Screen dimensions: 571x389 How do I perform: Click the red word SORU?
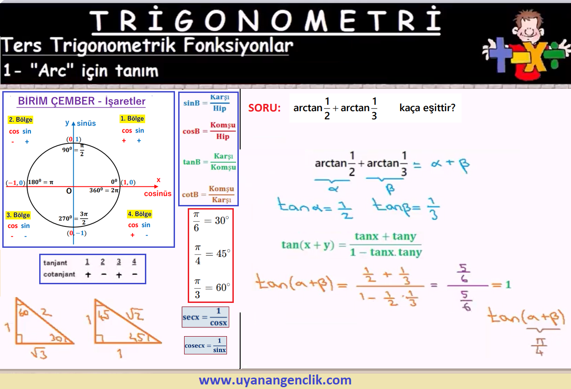264,108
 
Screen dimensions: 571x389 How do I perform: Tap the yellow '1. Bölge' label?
132,118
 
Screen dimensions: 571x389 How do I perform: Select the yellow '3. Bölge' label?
18,215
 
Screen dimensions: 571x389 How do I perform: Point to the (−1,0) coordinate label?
15,183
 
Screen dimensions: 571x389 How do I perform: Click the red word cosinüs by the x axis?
158,194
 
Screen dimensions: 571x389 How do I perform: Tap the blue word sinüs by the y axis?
87,123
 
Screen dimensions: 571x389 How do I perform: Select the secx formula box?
206,317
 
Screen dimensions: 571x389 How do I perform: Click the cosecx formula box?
206,345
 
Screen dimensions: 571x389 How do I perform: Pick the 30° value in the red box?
222,220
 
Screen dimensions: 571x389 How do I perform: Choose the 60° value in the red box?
223,287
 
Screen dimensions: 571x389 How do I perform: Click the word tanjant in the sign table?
55,263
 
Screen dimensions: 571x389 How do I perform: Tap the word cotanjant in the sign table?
59,274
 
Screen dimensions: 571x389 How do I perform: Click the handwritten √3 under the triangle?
39,353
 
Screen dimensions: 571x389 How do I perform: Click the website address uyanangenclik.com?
275,380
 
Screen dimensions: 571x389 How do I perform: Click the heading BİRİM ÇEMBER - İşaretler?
82,101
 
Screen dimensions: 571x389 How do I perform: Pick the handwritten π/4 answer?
539,347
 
